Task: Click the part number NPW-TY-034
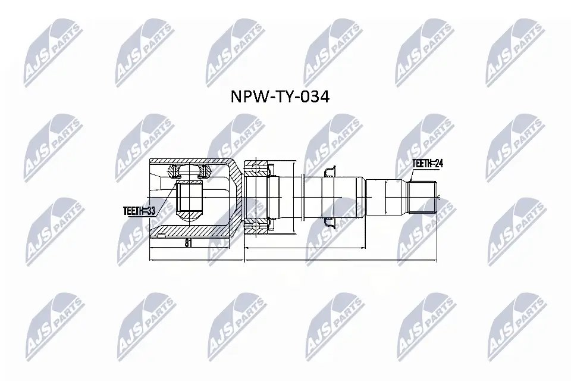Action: point(279,97)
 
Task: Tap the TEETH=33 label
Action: point(139,210)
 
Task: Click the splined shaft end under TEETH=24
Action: point(423,196)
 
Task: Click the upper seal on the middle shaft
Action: point(329,172)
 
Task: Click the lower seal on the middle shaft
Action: point(329,223)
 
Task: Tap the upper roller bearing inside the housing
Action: point(189,172)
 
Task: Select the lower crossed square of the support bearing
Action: point(257,227)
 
